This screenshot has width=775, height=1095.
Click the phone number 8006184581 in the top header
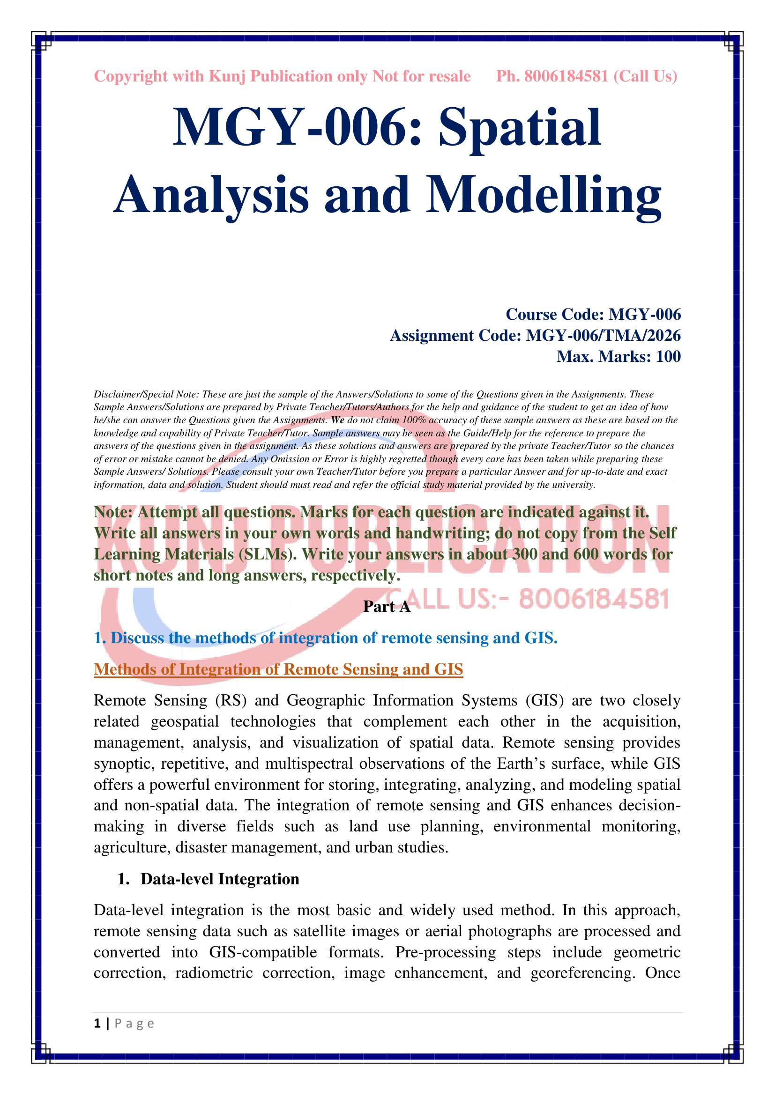coord(566,76)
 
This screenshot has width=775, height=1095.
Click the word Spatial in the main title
coord(520,127)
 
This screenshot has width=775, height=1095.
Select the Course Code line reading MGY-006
coord(593,314)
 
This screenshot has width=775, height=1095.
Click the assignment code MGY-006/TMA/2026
coord(603,335)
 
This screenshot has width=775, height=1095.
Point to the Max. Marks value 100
coord(668,356)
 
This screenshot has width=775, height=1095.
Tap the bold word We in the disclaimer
coord(337,420)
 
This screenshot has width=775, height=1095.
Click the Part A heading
coord(387,607)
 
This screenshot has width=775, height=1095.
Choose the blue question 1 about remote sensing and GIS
coord(326,638)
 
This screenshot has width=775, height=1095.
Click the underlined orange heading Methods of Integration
coord(278,669)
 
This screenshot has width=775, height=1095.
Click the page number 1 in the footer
coord(97,1023)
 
